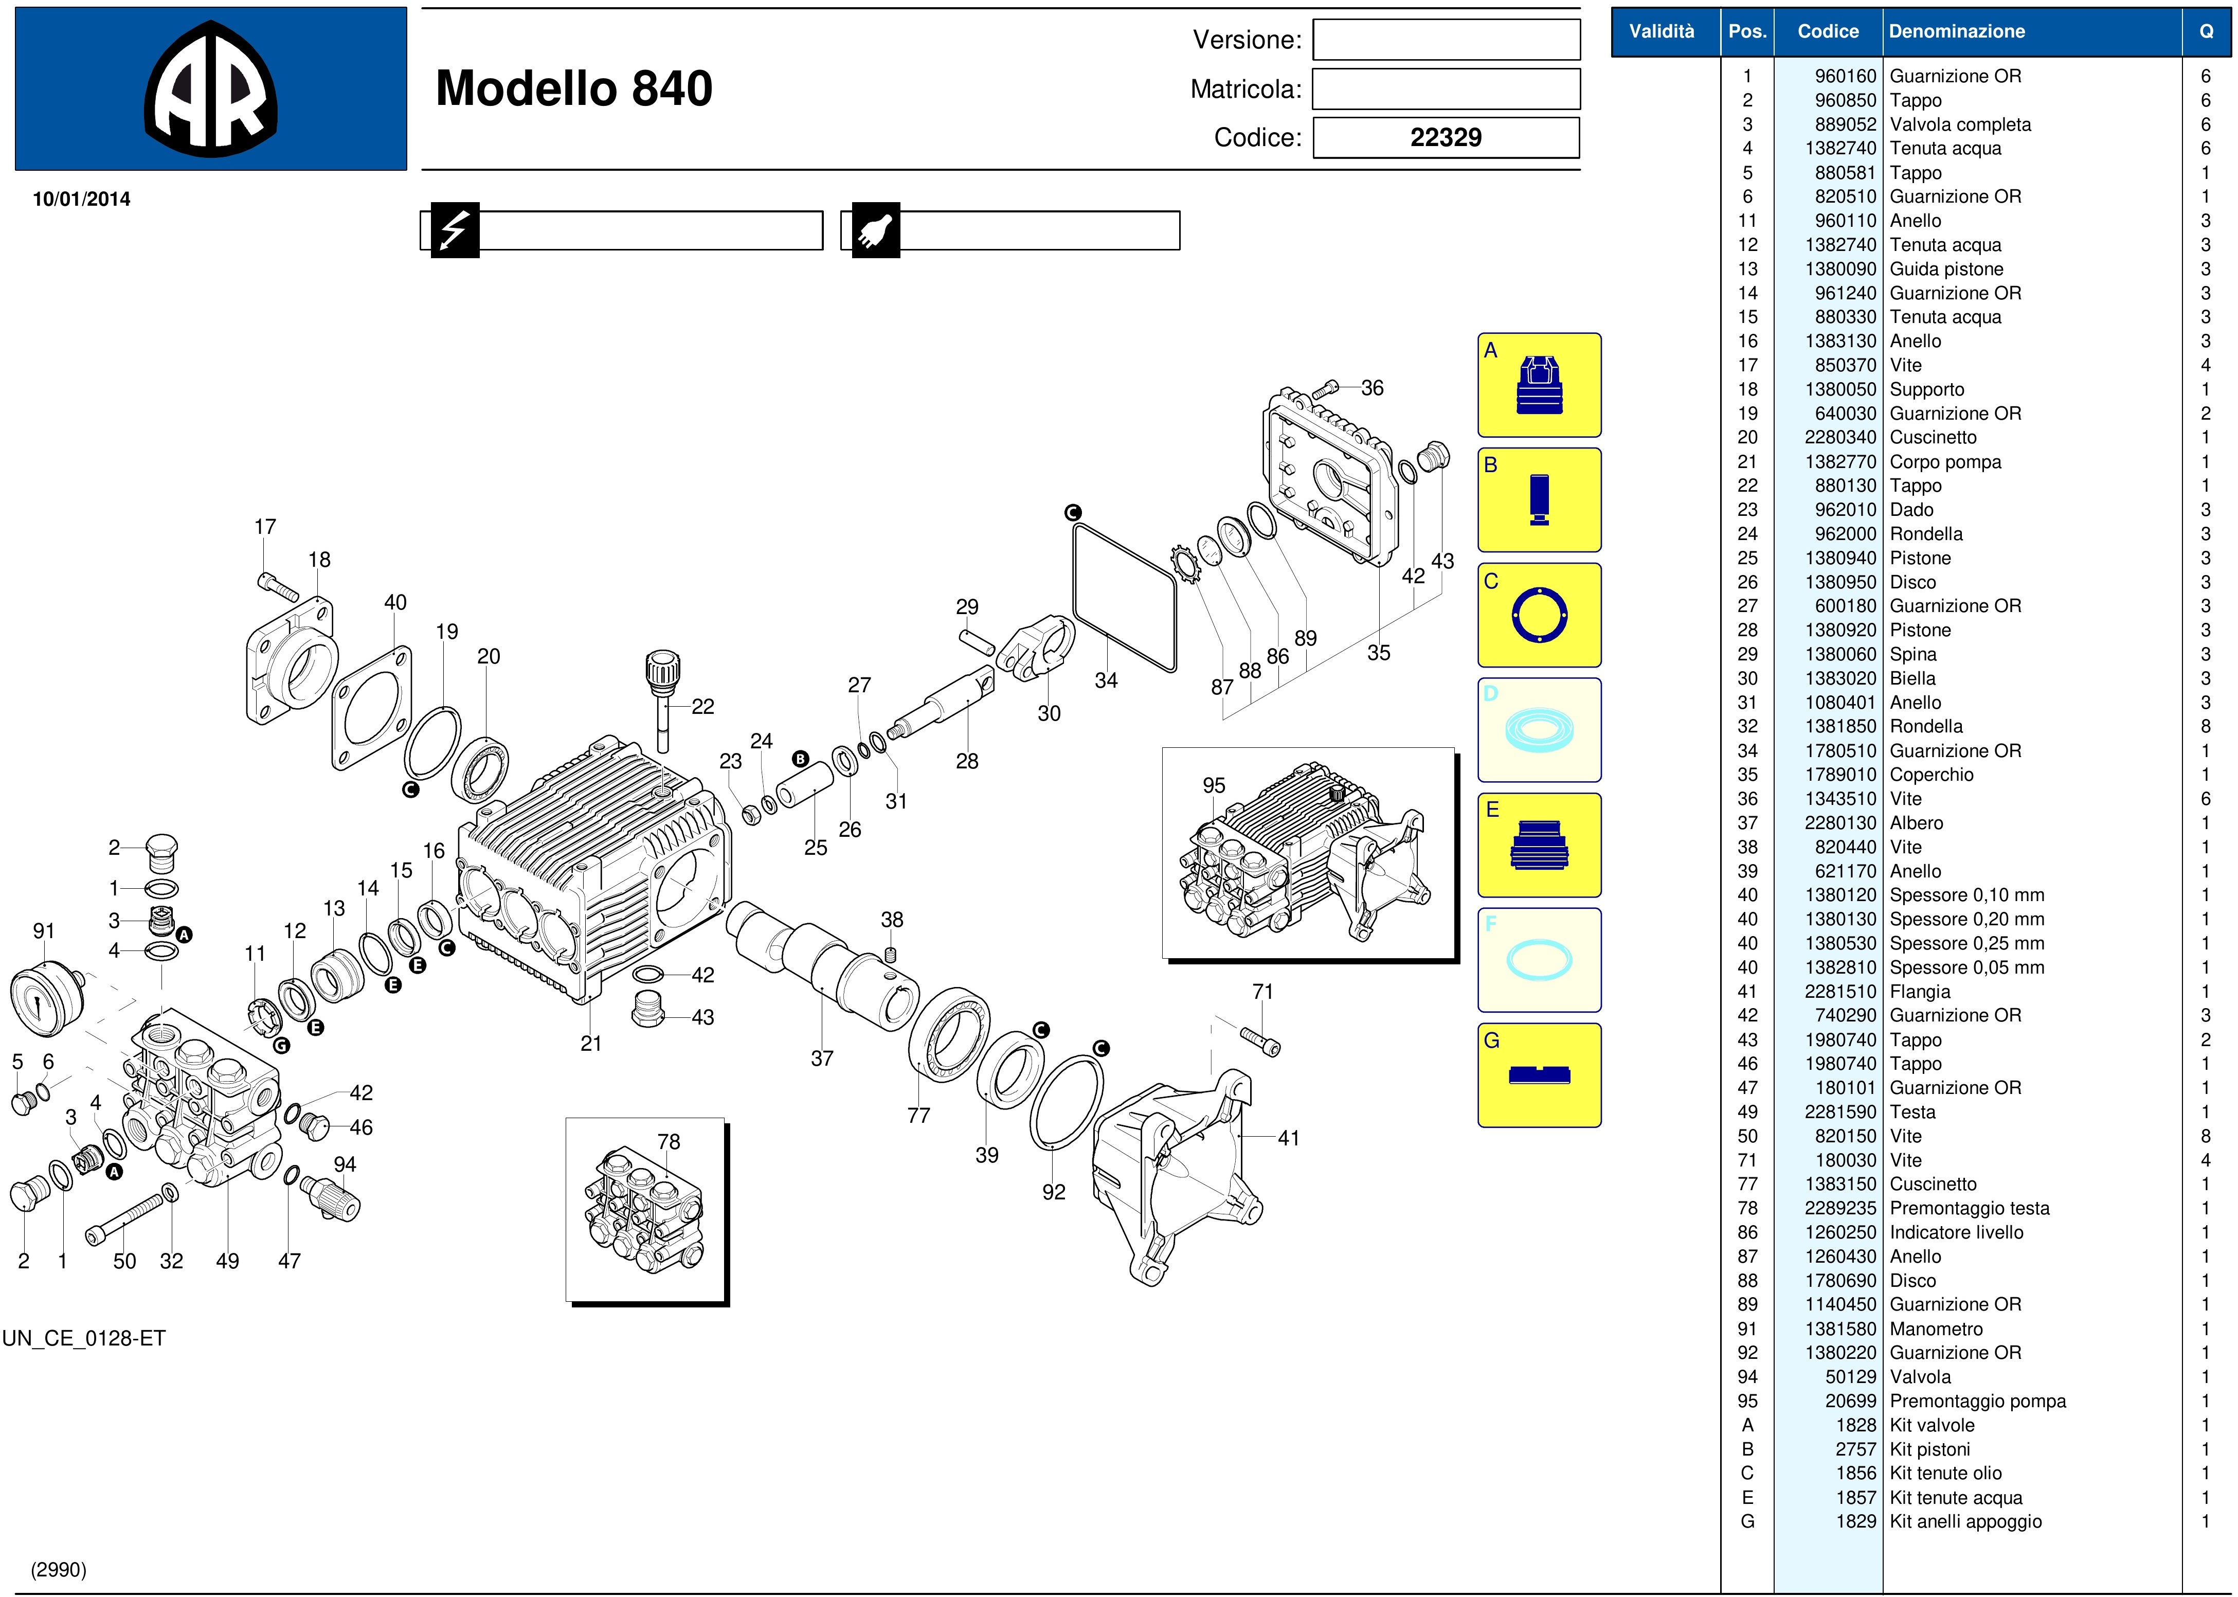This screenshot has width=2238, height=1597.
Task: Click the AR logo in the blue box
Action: (x=210, y=88)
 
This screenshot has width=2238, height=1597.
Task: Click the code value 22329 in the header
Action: (x=1446, y=138)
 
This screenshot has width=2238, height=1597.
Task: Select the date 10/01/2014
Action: (x=82, y=199)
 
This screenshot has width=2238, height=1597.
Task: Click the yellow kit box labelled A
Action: (x=1539, y=385)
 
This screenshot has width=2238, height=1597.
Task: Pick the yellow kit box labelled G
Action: (x=1539, y=1075)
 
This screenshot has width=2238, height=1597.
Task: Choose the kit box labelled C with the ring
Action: (x=1539, y=615)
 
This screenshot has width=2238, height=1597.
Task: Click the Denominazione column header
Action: (x=1957, y=31)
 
